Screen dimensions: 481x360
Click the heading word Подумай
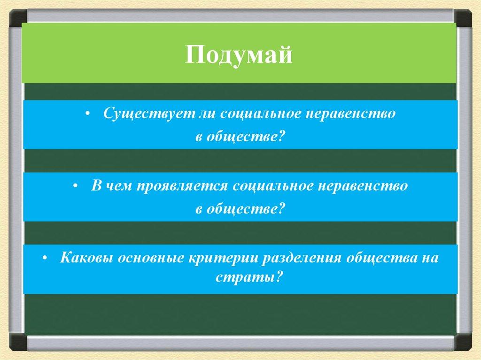click(x=239, y=56)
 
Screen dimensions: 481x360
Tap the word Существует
click(x=149, y=114)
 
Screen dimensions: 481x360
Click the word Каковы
click(x=87, y=258)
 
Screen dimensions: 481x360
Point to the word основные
click(x=151, y=258)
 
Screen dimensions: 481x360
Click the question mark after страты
click(x=278, y=277)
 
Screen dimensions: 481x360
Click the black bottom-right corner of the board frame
click(x=463, y=343)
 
